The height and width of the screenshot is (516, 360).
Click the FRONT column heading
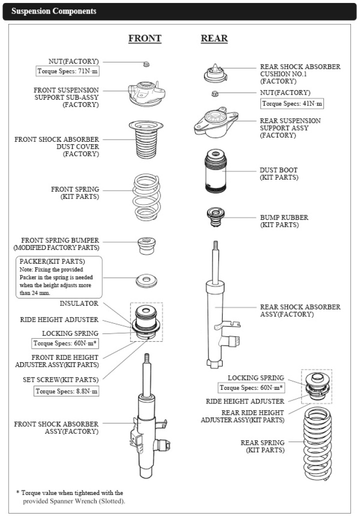pyautogui.click(x=144, y=39)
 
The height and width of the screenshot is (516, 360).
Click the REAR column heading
pyautogui.click(x=214, y=39)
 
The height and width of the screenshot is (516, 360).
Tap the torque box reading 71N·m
pyautogui.click(x=67, y=71)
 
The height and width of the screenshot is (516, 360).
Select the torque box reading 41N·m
pyautogui.click(x=292, y=104)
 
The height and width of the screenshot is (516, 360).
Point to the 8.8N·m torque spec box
pyautogui.click(x=66, y=391)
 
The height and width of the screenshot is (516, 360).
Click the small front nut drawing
pyautogui.click(x=146, y=64)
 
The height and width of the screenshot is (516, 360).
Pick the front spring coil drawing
pyautogui.click(x=146, y=198)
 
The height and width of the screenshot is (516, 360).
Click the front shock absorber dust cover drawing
pyautogui.click(x=146, y=140)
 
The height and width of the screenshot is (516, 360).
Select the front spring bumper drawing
pyautogui.click(x=146, y=246)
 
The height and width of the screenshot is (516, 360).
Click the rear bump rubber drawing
pyautogui.click(x=215, y=217)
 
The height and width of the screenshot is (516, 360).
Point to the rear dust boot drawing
pyautogui.click(x=215, y=171)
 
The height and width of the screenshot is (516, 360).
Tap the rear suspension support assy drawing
pyautogui.click(x=216, y=121)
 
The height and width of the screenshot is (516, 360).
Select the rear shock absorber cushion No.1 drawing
pyautogui.click(x=215, y=74)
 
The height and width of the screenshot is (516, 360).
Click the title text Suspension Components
pyautogui.click(x=54, y=11)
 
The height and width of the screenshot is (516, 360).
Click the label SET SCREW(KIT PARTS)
pyautogui.click(x=60, y=380)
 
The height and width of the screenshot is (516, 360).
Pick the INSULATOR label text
pyautogui.click(x=79, y=303)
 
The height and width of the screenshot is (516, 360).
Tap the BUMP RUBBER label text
pyautogui.click(x=284, y=218)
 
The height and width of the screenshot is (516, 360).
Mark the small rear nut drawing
pyautogui.click(x=215, y=94)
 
